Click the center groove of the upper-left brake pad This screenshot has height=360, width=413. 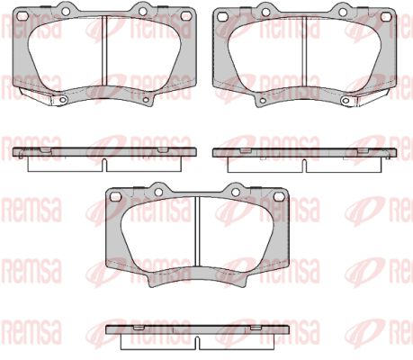tap(104, 51)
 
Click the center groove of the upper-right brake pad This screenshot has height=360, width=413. tap(304, 51)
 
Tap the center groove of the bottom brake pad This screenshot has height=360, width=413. tap(197, 231)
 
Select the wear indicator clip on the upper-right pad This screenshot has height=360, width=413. tap(371, 96)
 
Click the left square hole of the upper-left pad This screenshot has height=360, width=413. tap(22, 16)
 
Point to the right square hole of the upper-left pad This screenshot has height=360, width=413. tap(185, 16)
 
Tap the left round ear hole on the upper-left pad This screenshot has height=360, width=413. tap(66, 11)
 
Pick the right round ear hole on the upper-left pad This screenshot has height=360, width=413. tap(142, 11)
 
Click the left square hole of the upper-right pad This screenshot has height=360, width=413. tap(222, 17)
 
